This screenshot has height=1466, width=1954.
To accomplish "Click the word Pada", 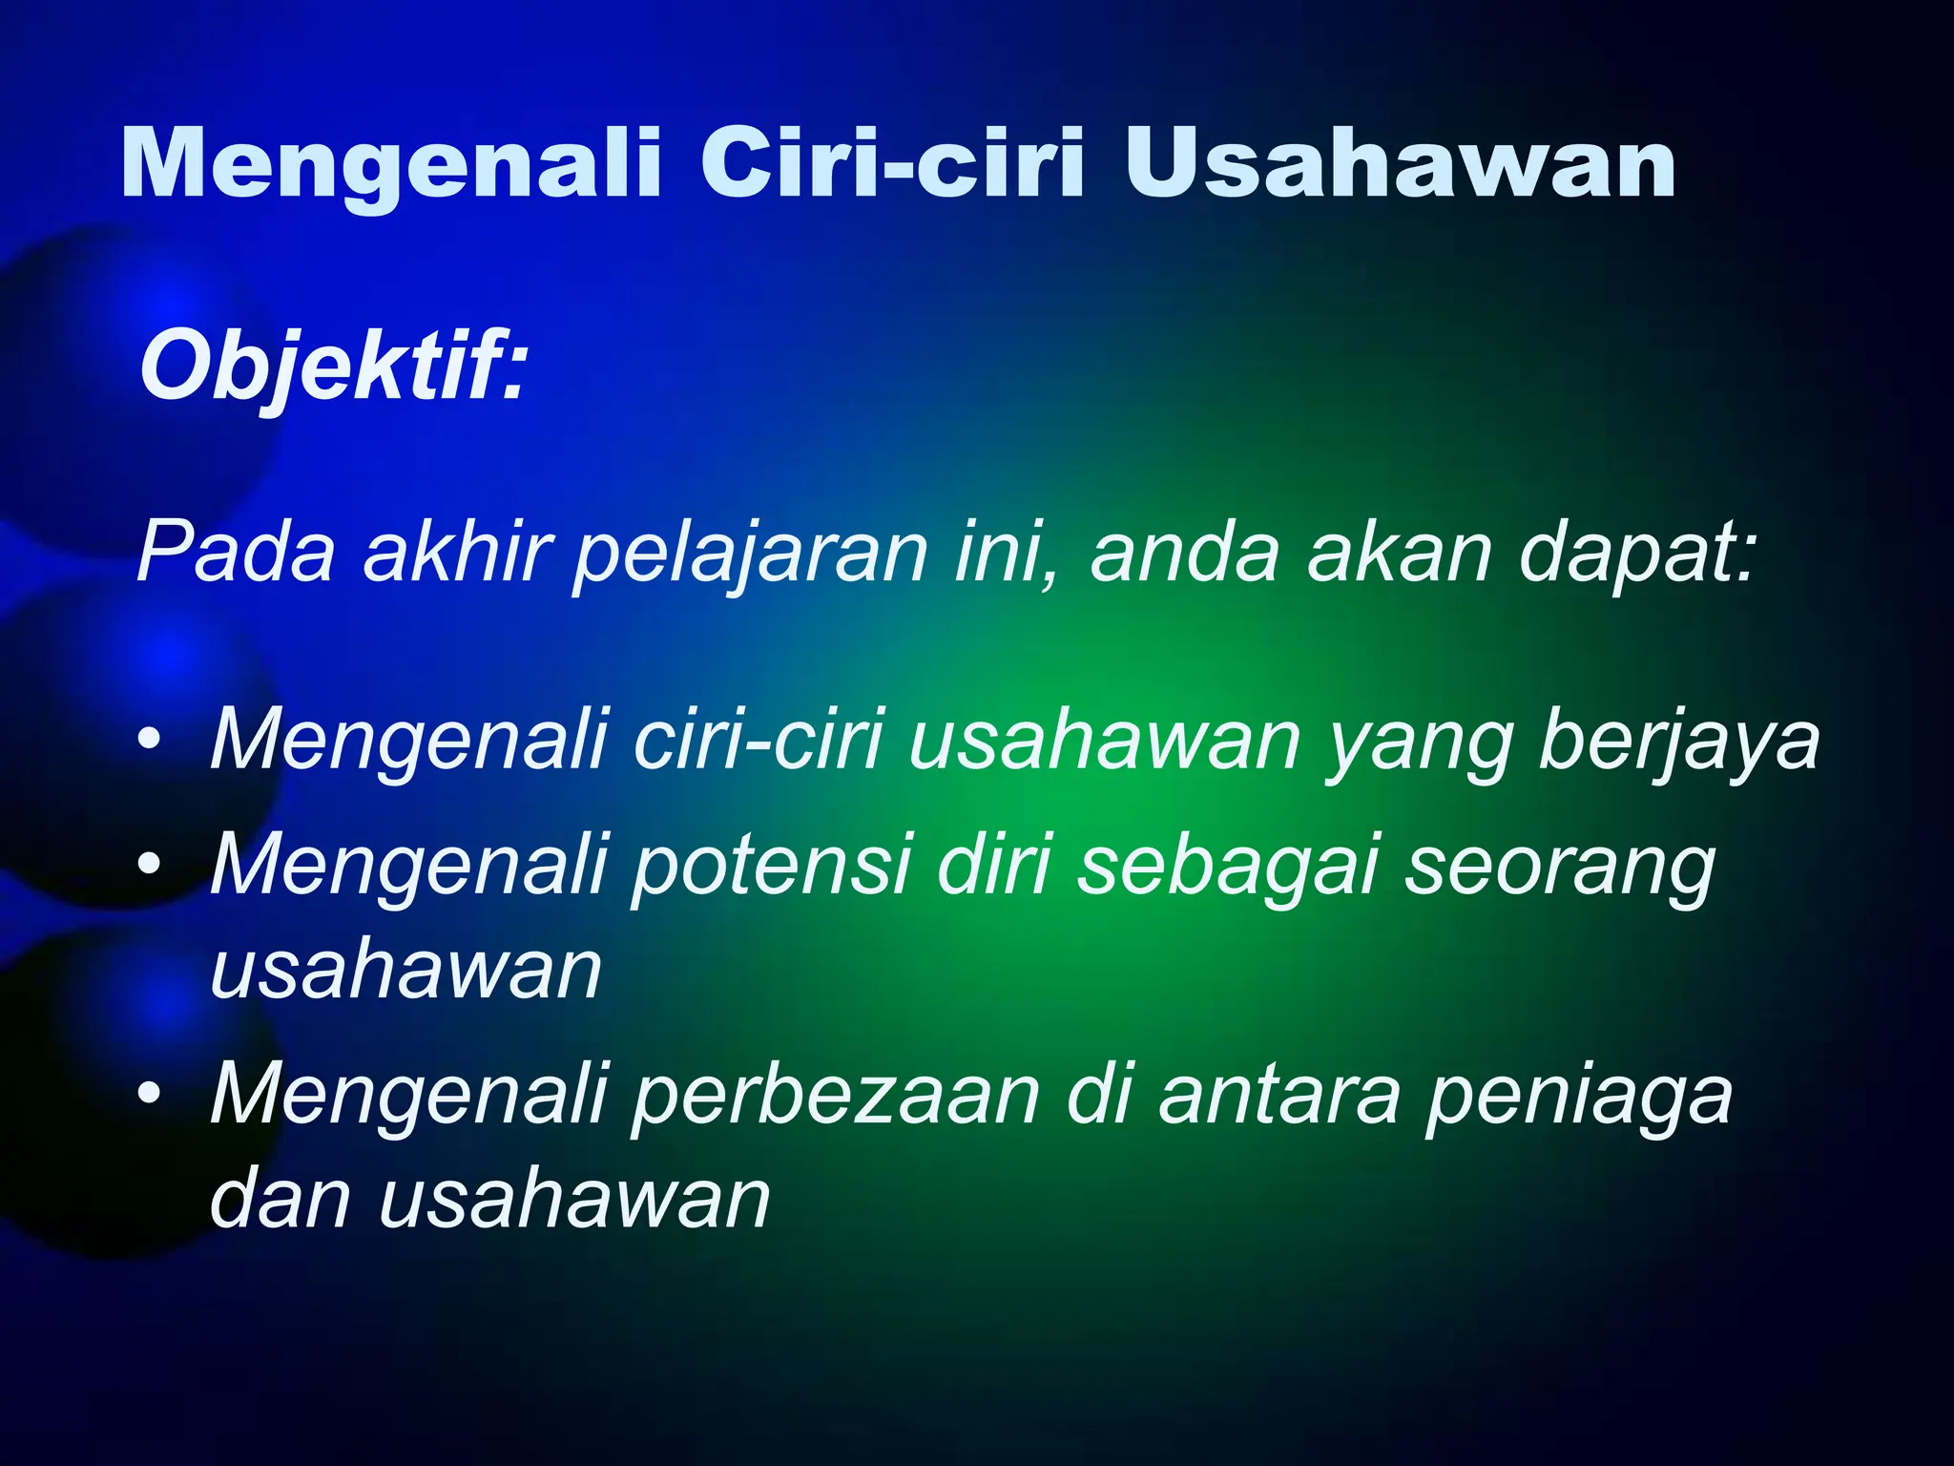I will (236, 553).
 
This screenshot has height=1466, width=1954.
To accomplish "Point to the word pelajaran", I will (749, 553).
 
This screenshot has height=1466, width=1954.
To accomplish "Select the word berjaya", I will (1679, 740).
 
